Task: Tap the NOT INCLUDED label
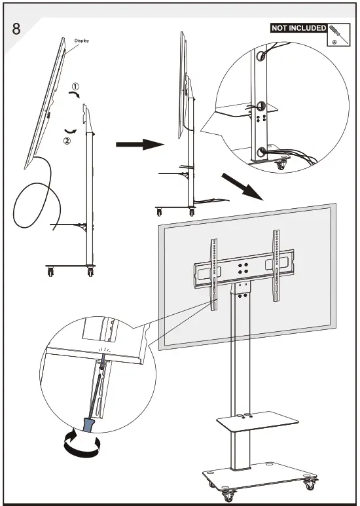click(298, 28)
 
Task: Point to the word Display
click(81, 41)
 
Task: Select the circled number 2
click(66, 139)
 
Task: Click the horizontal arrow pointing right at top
click(138, 144)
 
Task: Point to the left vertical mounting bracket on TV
click(213, 268)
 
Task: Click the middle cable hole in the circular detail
click(260, 106)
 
